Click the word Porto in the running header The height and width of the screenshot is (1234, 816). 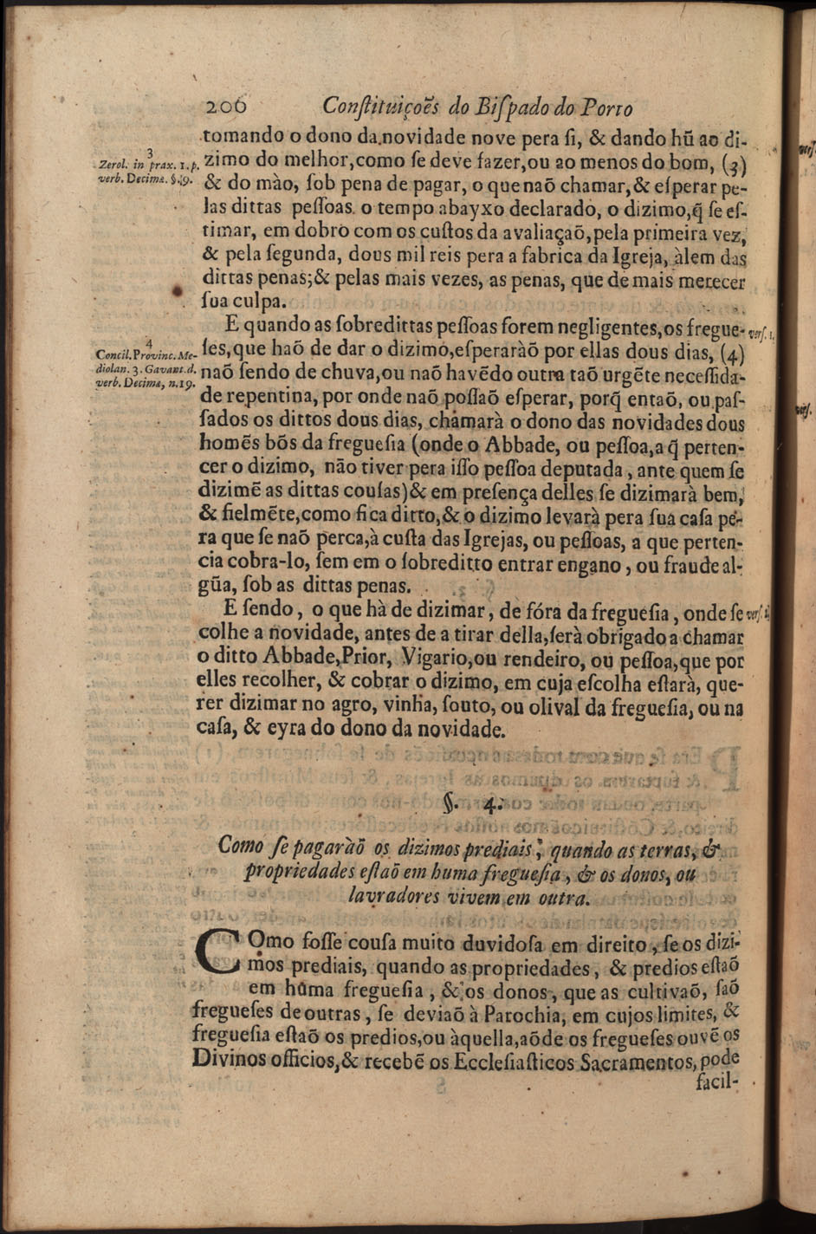tap(606, 109)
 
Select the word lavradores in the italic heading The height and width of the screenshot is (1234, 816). tap(394, 897)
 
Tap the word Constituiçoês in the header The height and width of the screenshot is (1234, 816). tap(381, 107)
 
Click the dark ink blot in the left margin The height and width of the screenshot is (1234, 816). tap(178, 289)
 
